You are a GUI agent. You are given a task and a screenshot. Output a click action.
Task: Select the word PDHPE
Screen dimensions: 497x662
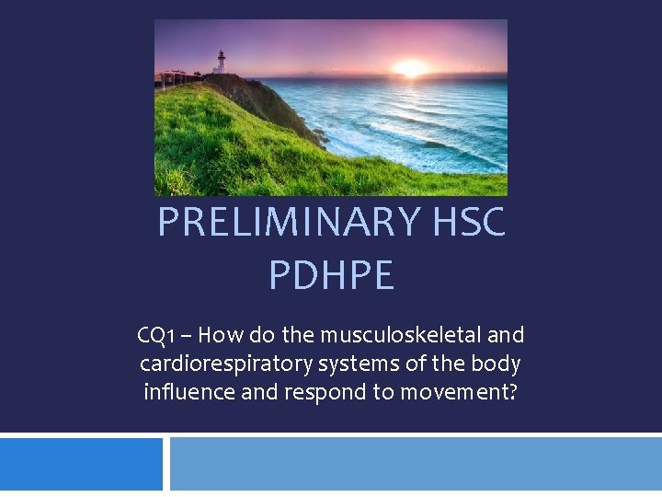[x=331, y=275]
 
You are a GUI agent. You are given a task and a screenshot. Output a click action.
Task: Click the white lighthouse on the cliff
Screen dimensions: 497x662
[x=220, y=63]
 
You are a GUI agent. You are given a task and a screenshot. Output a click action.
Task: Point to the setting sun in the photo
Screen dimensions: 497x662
[x=410, y=68]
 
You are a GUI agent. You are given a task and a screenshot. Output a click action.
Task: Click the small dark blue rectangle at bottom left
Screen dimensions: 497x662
[x=81, y=464]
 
